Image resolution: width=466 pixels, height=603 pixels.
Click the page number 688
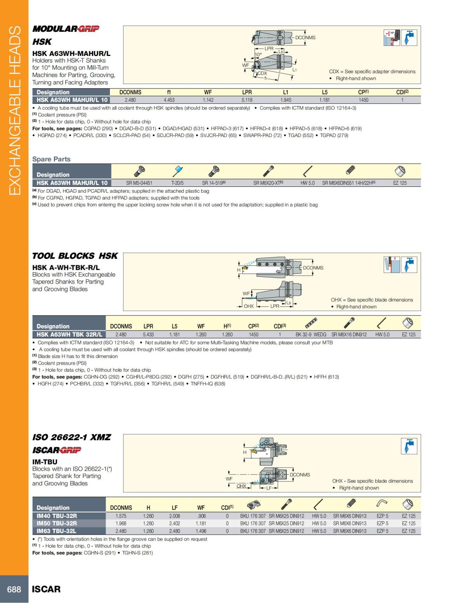14,589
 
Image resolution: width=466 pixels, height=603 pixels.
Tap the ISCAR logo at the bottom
46,589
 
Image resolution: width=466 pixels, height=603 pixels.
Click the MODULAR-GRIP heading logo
66,29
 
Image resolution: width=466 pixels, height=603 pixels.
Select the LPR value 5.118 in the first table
247,100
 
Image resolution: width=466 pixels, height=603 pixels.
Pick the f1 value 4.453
169,100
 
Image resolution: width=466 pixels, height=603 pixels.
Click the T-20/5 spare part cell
177,183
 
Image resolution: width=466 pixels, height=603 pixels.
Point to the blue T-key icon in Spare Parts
178,170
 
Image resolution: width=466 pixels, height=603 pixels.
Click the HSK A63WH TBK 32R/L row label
69,334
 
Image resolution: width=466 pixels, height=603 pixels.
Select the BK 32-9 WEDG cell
311,334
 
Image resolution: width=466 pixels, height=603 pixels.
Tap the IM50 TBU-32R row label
57,523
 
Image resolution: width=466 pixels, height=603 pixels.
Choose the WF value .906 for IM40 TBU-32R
201,516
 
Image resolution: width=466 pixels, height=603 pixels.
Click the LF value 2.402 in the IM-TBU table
175,523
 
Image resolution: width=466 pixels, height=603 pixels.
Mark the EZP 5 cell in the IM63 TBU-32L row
382,531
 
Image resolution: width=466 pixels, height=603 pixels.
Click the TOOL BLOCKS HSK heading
75,256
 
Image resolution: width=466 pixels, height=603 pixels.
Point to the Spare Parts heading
51,159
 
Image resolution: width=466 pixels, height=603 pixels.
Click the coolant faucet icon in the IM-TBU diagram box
409,446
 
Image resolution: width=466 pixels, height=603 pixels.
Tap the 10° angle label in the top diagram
258,55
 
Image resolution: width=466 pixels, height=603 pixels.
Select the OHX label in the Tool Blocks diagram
249,306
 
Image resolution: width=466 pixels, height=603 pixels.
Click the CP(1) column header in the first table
363,92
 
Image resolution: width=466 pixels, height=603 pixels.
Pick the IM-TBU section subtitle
45,462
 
